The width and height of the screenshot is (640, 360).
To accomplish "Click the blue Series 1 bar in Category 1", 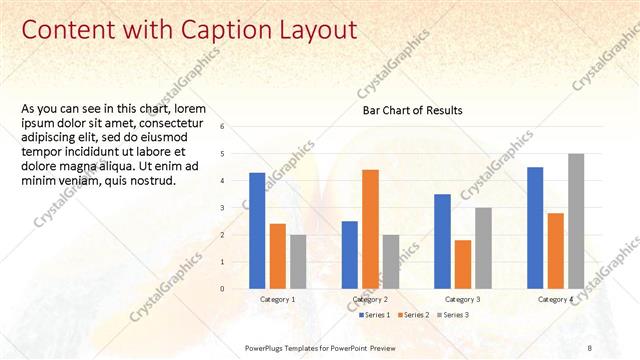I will (x=257, y=231).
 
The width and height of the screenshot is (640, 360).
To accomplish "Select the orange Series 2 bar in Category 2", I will (x=370, y=229).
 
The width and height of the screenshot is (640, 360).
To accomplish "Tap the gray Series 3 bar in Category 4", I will (x=575, y=221).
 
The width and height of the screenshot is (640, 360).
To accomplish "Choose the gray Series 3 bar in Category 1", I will (x=299, y=262).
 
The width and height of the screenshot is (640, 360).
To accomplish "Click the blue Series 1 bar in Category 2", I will (x=350, y=255).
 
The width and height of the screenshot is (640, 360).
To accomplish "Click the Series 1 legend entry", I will (x=376, y=315).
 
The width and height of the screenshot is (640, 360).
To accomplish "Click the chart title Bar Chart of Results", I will (x=412, y=110).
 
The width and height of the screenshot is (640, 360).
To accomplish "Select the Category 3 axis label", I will (x=462, y=299).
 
